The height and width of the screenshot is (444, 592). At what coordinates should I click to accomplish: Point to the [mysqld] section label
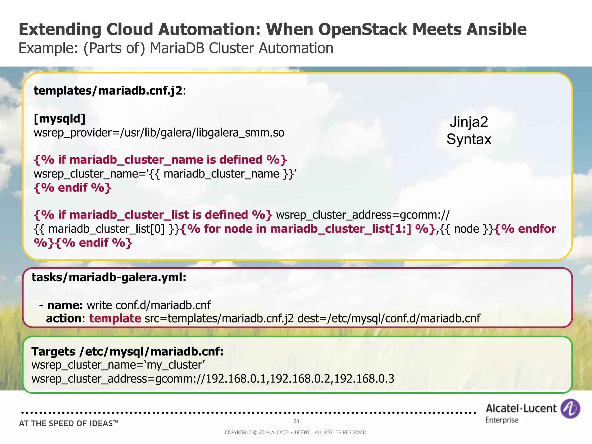(60, 119)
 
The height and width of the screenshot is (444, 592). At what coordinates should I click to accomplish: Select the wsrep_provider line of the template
(159, 133)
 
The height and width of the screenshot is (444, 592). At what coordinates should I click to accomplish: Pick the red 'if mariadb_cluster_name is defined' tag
(160, 160)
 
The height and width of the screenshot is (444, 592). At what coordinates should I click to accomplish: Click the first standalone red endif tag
(73, 188)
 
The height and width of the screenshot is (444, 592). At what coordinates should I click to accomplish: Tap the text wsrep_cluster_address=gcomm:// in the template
(363, 215)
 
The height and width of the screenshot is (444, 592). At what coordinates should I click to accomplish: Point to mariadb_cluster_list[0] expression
(107, 229)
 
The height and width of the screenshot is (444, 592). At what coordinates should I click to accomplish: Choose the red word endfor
(537, 229)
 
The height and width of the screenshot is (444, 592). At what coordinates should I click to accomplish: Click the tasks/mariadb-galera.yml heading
(109, 277)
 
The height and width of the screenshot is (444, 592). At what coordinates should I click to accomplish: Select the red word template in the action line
(115, 319)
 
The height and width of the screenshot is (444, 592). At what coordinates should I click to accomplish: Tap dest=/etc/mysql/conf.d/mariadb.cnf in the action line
(389, 319)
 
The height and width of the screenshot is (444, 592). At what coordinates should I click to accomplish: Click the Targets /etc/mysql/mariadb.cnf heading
(127, 352)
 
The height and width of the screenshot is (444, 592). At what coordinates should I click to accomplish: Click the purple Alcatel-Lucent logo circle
(570, 409)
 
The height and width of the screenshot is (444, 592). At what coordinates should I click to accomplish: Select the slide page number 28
(296, 421)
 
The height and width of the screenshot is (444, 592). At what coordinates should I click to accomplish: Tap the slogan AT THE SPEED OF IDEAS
(69, 424)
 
